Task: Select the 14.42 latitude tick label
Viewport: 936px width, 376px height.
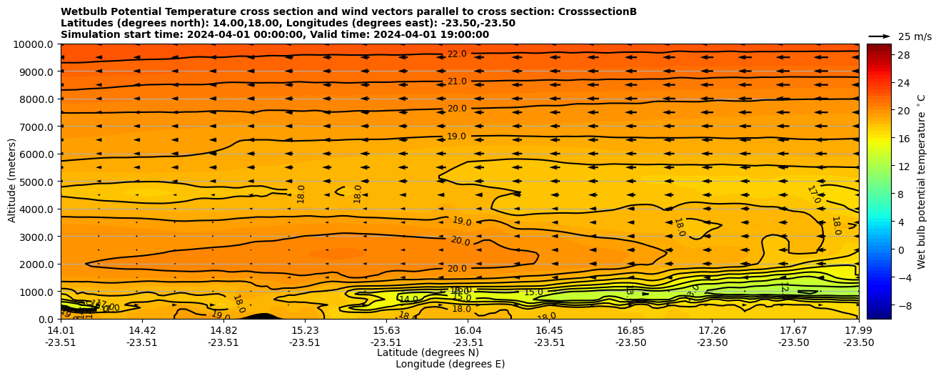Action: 142,330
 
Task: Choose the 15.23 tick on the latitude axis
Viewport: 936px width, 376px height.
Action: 305,330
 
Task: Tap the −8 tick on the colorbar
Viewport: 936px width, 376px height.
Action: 882,305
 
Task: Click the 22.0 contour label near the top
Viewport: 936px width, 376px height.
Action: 457,54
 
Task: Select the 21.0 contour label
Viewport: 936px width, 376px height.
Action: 457,81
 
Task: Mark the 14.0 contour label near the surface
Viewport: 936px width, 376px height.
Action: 408,300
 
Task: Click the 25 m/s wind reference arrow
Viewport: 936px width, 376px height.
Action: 880,36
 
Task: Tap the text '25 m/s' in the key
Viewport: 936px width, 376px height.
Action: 915,36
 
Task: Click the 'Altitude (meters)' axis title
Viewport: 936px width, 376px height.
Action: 12,181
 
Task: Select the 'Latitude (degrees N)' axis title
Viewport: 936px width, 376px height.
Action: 428,352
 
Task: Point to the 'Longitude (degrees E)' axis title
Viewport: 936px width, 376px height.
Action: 450,364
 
